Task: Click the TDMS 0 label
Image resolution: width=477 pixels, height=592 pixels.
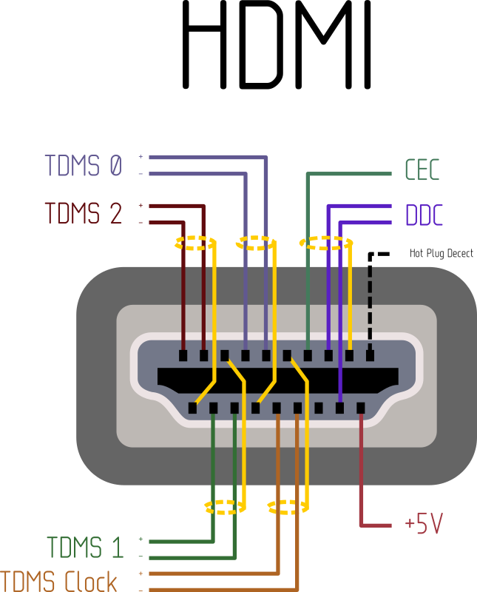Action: (x=83, y=165)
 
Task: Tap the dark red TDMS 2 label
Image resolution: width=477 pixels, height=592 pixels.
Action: (x=83, y=213)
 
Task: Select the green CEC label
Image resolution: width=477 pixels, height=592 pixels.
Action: (x=422, y=170)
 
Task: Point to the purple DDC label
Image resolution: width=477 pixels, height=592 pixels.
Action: (x=424, y=215)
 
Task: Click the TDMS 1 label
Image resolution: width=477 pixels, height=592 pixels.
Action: (x=85, y=548)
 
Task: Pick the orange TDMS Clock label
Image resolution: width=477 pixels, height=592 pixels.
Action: (x=59, y=580)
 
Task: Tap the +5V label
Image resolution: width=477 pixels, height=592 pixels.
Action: (x=424, y=524)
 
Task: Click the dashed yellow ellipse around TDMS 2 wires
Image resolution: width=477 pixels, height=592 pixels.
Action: (x=195, y=243)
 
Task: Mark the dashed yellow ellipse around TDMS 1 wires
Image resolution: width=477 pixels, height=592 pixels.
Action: (x=224, y=507)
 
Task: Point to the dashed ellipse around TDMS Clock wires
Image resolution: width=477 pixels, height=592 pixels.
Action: (x=287, y=507)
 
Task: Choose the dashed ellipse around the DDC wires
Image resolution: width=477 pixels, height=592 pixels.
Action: (x=325, y=243)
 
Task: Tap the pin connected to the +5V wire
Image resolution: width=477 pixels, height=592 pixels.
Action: (x=361, y=408)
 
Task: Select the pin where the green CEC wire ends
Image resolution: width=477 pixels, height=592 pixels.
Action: (x=308, y=355)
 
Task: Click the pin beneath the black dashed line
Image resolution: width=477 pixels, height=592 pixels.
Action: (x=371, y=355)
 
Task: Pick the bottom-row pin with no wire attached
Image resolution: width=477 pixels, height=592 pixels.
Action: (x=319, y=408)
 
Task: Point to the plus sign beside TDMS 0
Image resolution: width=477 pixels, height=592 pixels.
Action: (x=141, y=157)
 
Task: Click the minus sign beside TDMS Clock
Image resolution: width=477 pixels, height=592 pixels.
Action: (x=141, y=589)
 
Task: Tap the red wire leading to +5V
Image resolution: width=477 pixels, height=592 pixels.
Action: (x=361, y=474)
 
